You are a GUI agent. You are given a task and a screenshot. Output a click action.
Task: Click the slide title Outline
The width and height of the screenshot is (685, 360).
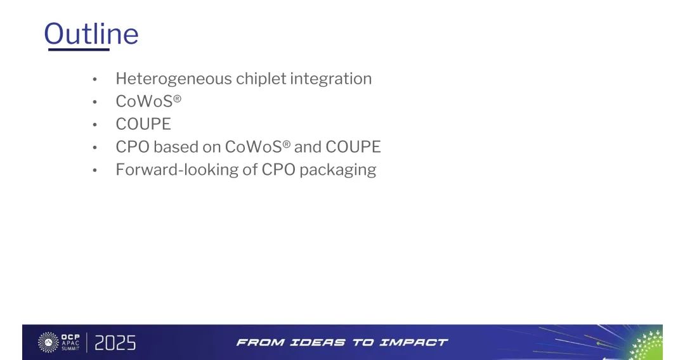tap(91, 34)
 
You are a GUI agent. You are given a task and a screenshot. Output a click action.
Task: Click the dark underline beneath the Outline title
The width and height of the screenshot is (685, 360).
tap(79, 49)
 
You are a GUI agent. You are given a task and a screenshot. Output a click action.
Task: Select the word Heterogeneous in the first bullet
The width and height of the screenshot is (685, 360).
tap(174, 79)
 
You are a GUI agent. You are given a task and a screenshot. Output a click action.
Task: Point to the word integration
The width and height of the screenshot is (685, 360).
tap(330, 79)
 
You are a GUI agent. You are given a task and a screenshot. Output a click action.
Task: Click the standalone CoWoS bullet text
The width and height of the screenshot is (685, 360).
tap(148, 101)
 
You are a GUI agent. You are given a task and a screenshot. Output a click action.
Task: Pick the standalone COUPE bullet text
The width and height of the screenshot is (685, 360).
tap(143, 124)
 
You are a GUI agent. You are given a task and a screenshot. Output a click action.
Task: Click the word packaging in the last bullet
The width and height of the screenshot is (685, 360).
tap(337, 170)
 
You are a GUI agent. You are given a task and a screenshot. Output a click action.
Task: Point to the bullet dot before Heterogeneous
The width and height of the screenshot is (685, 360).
tap(95, 79)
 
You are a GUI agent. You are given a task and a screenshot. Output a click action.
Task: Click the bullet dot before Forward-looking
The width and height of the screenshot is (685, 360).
tap(95, 170)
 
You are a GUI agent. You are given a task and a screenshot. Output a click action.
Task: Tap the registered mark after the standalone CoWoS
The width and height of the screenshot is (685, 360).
tap(177, 98)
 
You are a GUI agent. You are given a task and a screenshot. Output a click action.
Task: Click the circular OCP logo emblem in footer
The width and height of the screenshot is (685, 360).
tap(48, 342)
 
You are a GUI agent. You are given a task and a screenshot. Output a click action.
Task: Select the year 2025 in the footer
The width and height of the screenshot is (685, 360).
tap(115, 343)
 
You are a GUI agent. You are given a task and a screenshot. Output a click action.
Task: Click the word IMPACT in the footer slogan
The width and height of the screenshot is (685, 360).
tap(414, 342)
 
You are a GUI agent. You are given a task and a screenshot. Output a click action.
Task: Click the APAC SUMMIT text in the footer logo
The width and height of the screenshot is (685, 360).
tap(70, 345)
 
